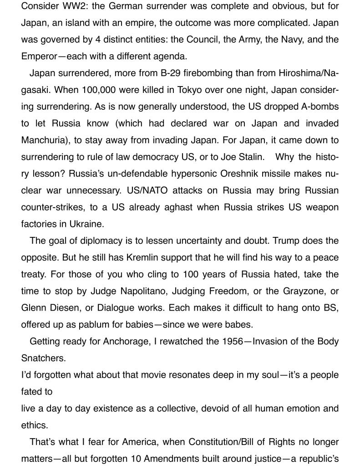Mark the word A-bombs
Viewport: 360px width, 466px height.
[319, 107]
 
